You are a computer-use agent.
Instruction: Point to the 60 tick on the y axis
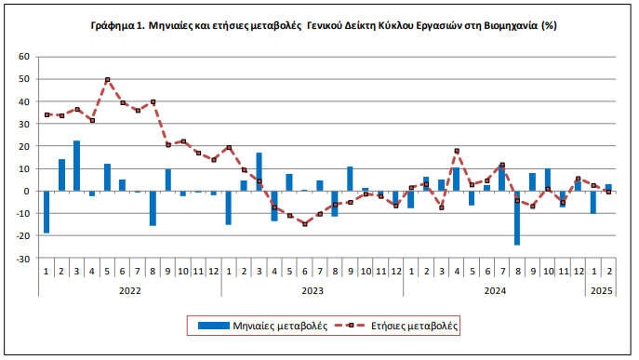(x=24, y=57)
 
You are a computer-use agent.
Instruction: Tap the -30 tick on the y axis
(x=22, y=259)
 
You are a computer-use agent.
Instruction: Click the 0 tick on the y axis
(x=27, y=192)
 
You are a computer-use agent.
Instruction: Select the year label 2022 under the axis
(x=129, y=290)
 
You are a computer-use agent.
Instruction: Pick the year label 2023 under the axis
(x=312, y=290)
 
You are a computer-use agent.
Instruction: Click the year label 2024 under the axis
(x=493, y=290)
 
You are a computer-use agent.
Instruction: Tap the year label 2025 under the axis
(x=600, y=290)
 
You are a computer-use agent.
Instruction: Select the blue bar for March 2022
(x=76, y=166)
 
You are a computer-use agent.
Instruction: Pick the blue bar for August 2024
(x=517, y=218)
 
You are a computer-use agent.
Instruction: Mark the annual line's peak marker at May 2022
(x=108, y=80)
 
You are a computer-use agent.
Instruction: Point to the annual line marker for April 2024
(x=457, y=151)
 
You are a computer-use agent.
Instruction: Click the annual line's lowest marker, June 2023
(x=304, y=224)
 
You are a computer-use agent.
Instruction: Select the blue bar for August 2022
(x=153, y=208)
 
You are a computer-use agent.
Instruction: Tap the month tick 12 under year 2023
(x=395, y=272)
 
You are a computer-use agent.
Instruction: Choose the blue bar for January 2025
(x=592, y=202)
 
